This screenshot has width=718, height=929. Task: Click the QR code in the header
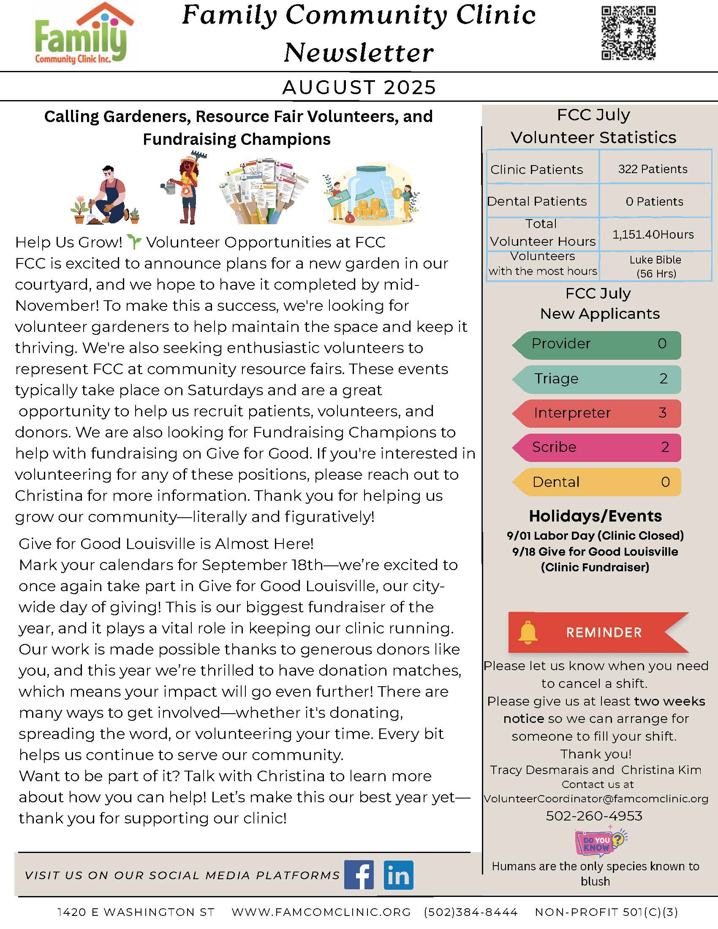[628, 33]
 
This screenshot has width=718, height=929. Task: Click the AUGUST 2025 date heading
[359, 87]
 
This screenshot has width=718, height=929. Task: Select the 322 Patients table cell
[653, 169]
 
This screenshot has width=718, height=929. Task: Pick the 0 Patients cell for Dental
[654, 201]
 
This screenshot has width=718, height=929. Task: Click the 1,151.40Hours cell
[653, 234]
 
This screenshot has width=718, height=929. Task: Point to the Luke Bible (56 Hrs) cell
[655, 266]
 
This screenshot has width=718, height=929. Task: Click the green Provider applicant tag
[597, 345]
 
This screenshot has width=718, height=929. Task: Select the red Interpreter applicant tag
[597, 413]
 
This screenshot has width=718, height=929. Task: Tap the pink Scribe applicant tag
[597, 448]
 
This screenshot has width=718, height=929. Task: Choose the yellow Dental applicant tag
[597, 482]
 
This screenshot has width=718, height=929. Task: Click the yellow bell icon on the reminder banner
[528, 633]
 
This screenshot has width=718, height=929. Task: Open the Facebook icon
[359, 875]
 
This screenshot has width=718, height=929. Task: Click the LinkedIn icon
[398, 875]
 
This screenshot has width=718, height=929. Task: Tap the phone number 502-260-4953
[594, 816]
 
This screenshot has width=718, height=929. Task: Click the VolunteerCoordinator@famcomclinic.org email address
[596, 799]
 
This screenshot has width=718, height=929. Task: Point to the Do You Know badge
[599, 843]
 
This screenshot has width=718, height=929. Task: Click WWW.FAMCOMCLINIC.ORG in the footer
[321, 912]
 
